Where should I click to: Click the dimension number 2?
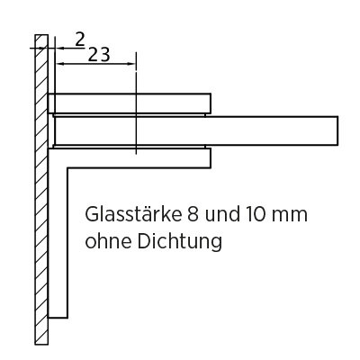[x=80, y=40]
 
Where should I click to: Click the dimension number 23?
[x=99, y=54]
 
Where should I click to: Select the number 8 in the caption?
[x=193, y=214]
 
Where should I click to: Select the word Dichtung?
[x=180, y=242]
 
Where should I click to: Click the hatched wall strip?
[x=41, y=190]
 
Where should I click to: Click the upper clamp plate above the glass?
[x=130, y=103]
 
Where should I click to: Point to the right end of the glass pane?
[x=337, y=130]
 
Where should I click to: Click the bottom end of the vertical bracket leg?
[x=58, y=318]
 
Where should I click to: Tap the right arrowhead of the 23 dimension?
[x=132, y=64]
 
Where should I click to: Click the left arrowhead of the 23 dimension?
[x=60, y=64]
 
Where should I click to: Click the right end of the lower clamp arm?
[x=211, y=157]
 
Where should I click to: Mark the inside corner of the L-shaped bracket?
[x=67, y=168]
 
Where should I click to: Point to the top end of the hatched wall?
[x=41, y=35]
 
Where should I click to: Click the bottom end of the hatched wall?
[x=41, y=345]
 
